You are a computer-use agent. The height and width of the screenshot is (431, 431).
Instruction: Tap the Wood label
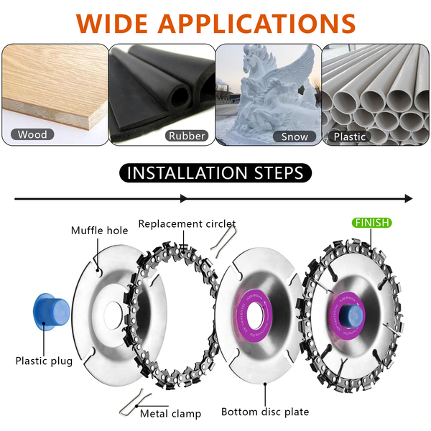pyautogui.click(x=32, y=134)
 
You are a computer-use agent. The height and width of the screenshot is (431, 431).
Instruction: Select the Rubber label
pyautogui.click(x=187, y=135)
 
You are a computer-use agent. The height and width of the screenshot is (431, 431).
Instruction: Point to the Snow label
pyautogui.click(x=295, y=136)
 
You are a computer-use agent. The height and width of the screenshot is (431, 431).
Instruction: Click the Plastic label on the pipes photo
pyautogui.click(x=350, y=136)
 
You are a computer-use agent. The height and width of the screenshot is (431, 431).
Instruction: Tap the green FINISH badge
pyautogui.click(x=371, y=223)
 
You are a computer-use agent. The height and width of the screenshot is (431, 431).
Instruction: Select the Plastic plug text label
pyautogui.click(x=44, y=361)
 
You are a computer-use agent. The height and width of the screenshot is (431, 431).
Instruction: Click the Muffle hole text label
pyautogui.click(x=99, y=231)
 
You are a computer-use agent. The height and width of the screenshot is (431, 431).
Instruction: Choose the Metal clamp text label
pyautogui.click(x=171, y=413)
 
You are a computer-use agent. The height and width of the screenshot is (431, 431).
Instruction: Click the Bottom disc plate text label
pyautogui.click(x=265, y=412)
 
